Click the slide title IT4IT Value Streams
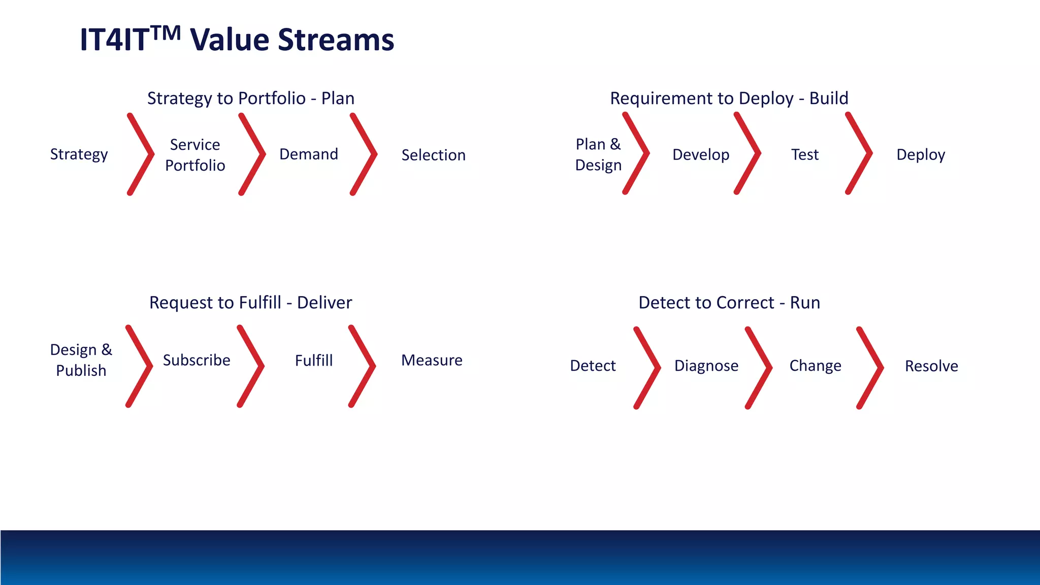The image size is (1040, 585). (237, 40)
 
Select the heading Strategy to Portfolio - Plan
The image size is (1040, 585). (251, 98)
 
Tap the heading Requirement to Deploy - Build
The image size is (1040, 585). (729, 98)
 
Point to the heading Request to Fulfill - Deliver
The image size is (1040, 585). (250, 303)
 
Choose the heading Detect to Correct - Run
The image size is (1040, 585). (729, 303)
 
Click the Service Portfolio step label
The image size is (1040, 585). (195, 155)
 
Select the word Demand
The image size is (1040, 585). (309, 154)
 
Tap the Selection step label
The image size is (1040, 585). (433, 155)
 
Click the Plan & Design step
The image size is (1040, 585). (598, 154)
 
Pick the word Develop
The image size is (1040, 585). (701, 154)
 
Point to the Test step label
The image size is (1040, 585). (804, 154)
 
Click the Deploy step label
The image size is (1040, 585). (920, 154)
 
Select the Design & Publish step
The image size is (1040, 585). (81, 360)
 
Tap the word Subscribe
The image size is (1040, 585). (197, 360)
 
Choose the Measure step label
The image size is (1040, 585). (432, 360)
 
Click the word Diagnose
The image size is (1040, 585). (706, 366)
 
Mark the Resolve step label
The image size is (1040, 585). (931, 366)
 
